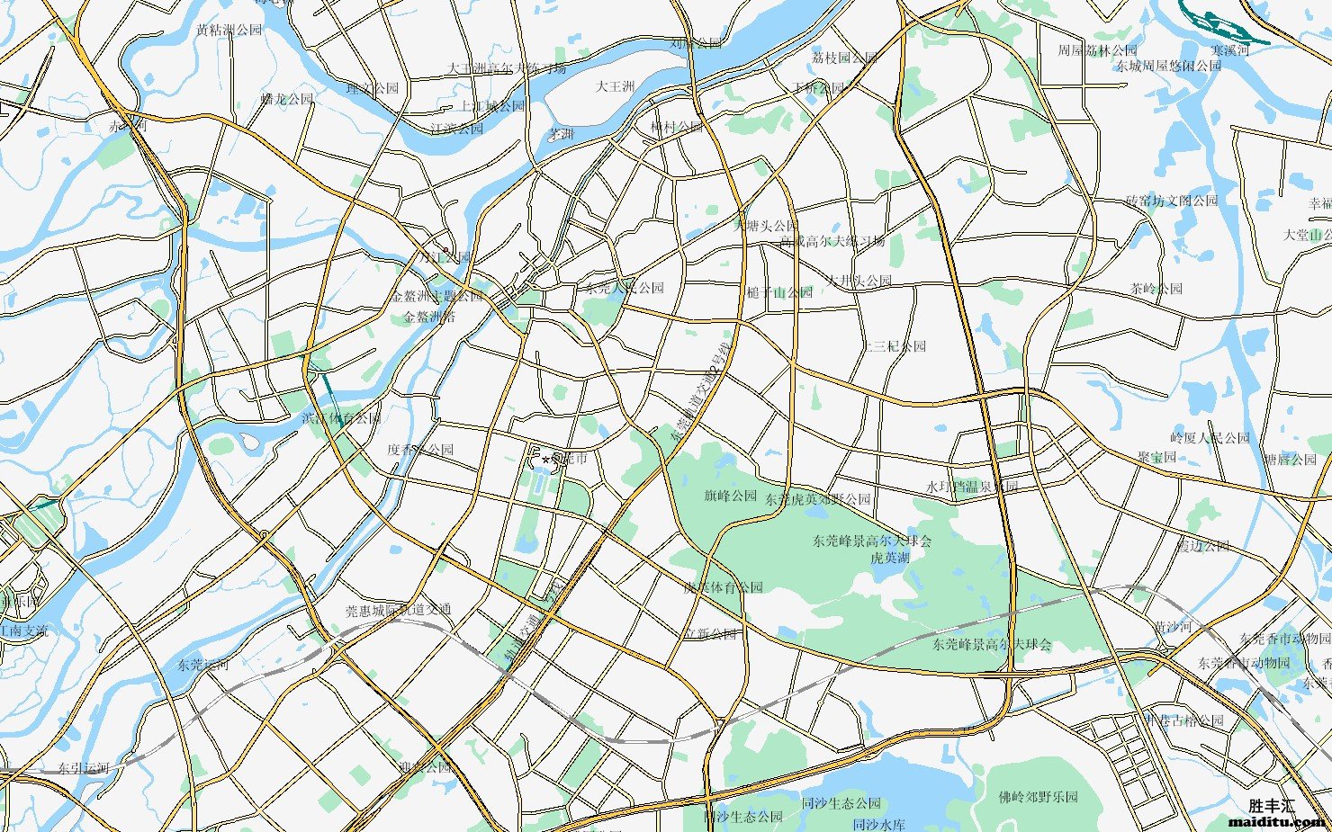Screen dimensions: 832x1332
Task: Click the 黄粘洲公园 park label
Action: point(229,30)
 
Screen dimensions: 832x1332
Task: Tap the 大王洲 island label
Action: point(616,86)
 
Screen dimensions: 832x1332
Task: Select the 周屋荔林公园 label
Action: point(1097,50)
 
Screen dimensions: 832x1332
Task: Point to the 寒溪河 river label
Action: point(1229,50)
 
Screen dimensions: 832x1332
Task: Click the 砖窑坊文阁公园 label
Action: point(1171,201)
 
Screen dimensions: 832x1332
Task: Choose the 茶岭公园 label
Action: point(1156,289)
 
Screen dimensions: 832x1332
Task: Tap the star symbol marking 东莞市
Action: point(545,461)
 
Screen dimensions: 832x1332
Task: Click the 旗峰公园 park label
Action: point(730,496)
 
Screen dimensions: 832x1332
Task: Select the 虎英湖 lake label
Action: point(889,558)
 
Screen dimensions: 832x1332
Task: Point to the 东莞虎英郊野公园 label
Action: point(818,498)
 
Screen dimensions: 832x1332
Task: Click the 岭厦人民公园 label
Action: point(1209,438)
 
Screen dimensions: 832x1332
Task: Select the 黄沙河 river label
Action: point(1173,626)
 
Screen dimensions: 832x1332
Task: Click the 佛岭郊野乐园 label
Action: point(1038,797)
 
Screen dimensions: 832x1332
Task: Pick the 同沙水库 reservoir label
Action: point(878,824)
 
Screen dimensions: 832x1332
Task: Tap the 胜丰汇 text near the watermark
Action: point(1271,806)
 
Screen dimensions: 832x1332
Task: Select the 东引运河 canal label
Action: point(84,768)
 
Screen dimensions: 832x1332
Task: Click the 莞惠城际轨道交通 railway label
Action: point(398,610)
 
